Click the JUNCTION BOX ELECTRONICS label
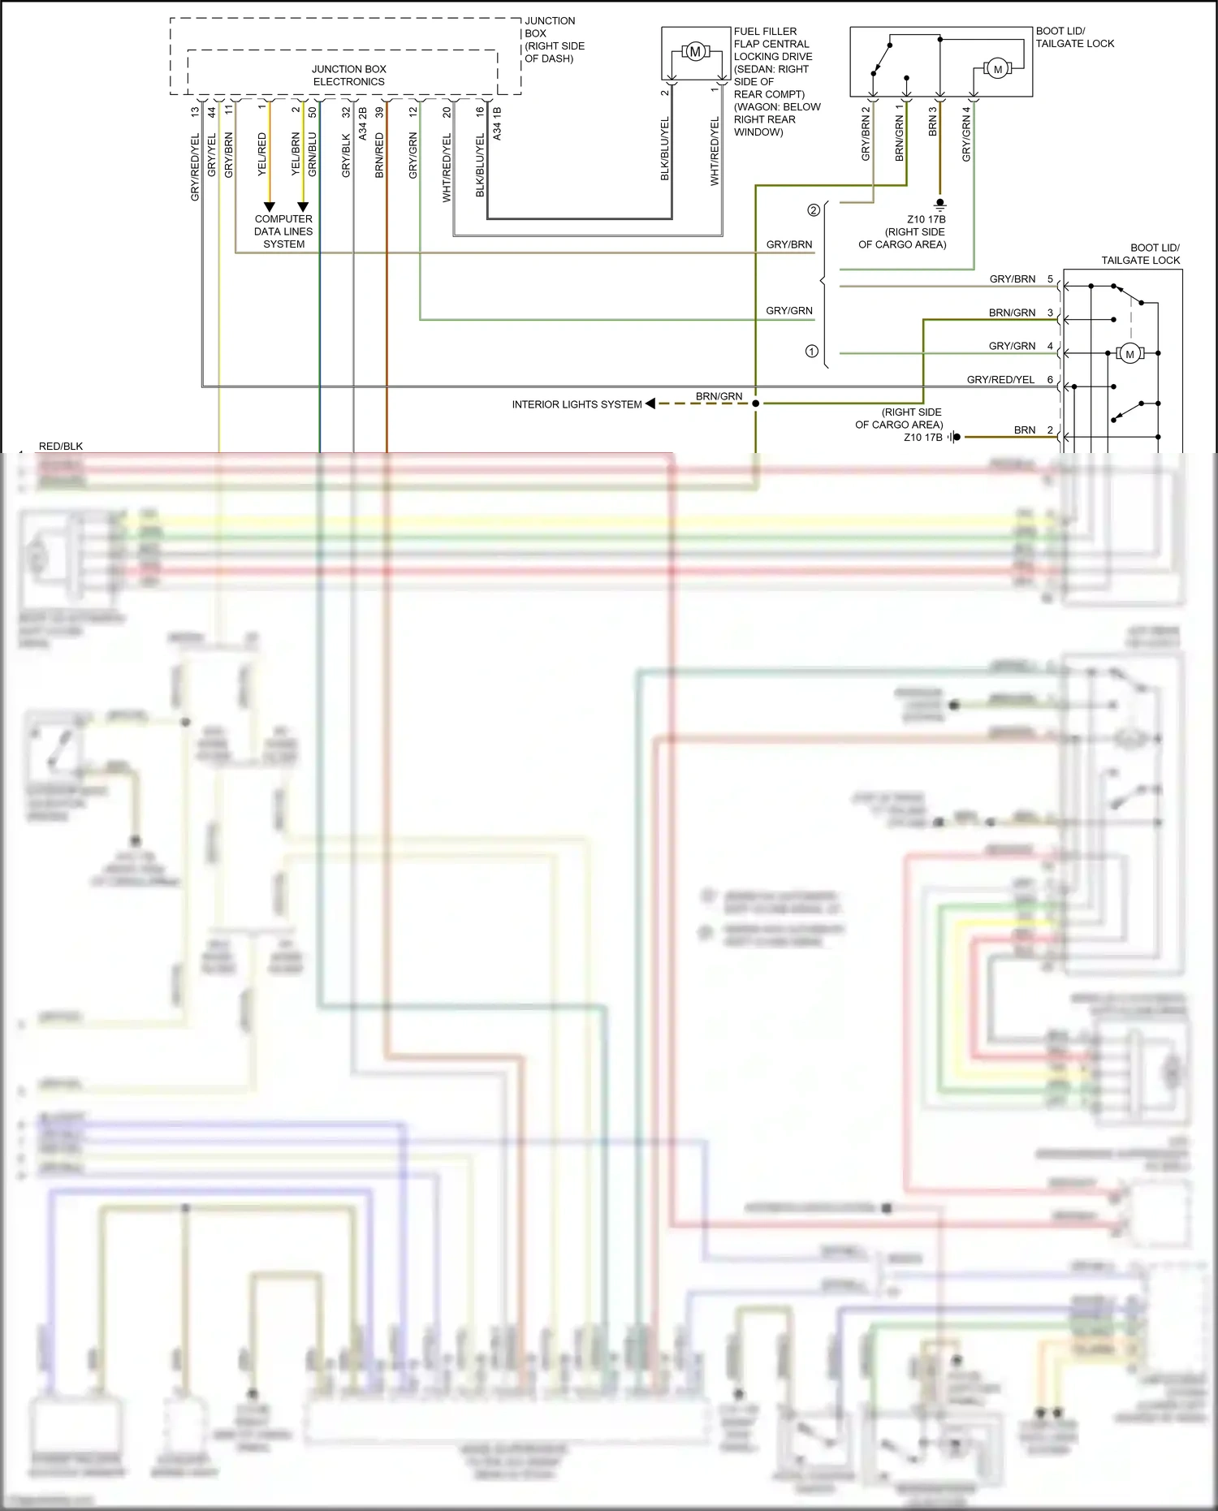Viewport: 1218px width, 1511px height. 349,76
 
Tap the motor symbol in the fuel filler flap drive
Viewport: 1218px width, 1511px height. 695,52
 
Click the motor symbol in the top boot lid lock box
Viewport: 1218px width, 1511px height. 998,69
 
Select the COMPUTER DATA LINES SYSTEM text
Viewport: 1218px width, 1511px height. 283,231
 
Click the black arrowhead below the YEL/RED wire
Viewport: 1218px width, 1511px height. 269,207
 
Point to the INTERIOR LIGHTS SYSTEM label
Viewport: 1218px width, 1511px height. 577,404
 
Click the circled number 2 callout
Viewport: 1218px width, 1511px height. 814,210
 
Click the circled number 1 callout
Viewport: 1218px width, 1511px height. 811,352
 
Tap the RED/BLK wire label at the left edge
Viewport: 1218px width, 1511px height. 61,446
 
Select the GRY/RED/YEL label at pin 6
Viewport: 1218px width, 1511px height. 1000,379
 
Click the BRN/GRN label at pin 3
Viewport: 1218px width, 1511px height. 1012,313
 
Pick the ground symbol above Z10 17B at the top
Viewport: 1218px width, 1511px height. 940,203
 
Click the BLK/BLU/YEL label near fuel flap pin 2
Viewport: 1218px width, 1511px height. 665,149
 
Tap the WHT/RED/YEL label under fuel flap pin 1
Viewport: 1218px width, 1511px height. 715,151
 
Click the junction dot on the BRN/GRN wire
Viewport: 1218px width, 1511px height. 755,404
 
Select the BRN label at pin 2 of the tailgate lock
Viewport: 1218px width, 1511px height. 1025,430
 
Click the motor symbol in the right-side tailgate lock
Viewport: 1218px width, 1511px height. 1129,354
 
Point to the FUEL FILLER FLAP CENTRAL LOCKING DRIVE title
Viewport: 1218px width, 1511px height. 771,57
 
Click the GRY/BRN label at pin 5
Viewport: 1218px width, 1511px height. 1012,279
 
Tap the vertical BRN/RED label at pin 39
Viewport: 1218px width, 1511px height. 379,155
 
